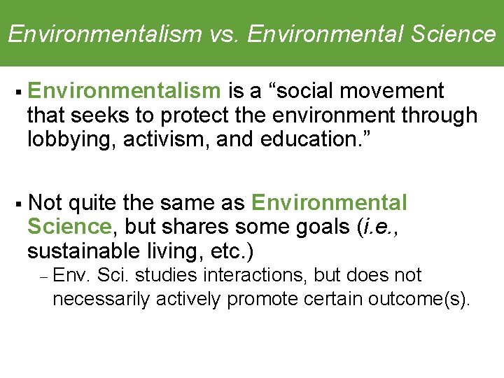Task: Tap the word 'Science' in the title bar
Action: (x=453, y=34)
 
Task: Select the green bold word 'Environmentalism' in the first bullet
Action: (x=125, y=91)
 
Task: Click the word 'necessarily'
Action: (x=101, y=299)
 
